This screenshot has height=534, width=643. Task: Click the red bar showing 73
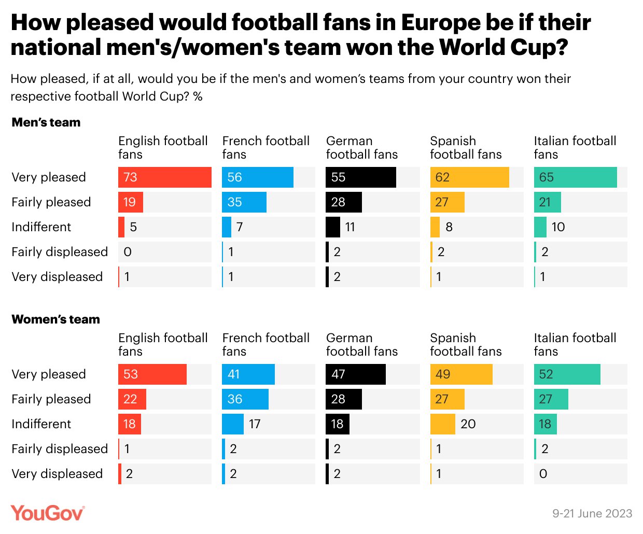pyautogui.click(x=164, y=177)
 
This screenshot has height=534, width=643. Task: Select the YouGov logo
pyautogui.click(x=47, y=513)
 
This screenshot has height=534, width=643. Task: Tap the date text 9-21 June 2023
pyautogui.click(x=592, y=513)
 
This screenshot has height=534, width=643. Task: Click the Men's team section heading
pyautogui.click(x=46, y=122)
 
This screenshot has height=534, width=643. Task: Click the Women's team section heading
pyautogui.click(x=55, y=319)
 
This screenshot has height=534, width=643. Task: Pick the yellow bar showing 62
pyautogui.click(x=469, y=177)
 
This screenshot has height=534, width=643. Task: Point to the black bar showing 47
pyautogui.click(x=355, y=374)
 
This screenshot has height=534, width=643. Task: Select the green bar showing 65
pyautogui.click(x=575, y=177)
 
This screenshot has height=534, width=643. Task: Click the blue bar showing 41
pyautogui.click(x=248, y=374)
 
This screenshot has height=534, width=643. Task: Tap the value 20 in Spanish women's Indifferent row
pyautogui.click(x=468, y=424)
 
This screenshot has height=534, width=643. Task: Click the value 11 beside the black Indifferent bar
pyautogui.click(x=350, y=227)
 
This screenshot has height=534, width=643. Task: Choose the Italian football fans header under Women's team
pyautogui.click(x=575, y=344)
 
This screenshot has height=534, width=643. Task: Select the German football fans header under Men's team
pyautogui.click(x=361, y=147)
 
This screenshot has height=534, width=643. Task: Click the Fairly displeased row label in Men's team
pyautogui.click(x=60, y=252)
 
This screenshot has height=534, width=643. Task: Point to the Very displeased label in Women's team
pyautogui.click(x=57, y=474)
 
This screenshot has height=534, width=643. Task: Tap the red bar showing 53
pyautogui.click(x=152, y=374)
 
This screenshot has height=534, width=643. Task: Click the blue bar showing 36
pyautogui.click(x=245, y=399)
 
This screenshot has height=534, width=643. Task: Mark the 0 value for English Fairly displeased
pyautogui.click(x=128, y=252)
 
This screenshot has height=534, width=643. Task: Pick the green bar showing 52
pyautogui.click(x=567, y=374)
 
